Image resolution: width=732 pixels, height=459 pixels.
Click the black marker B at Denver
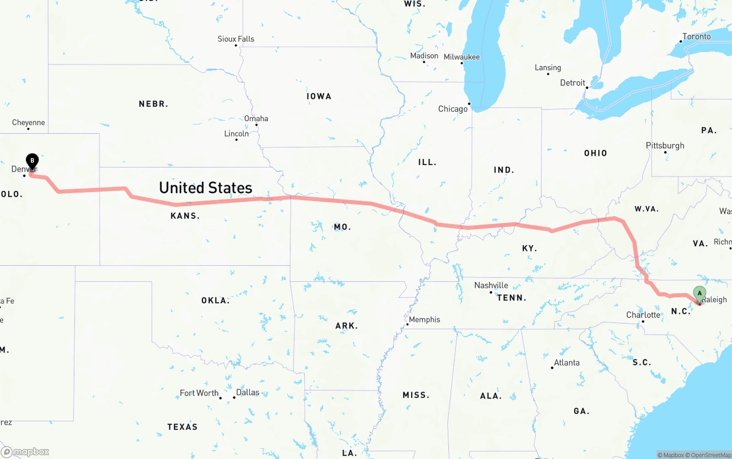pos(33,161)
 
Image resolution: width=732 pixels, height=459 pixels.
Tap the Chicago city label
pos(453,109)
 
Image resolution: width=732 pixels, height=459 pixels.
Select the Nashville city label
pos(491,285)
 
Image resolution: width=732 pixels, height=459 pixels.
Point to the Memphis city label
pos(424,320)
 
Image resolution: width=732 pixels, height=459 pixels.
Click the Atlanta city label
pos(567,362)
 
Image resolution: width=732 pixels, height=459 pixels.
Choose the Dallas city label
pos(248,393)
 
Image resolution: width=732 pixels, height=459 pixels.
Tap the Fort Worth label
pos(199,393)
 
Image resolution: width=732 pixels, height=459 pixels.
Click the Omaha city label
pos(256,118)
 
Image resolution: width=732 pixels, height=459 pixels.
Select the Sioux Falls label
pos(236,39)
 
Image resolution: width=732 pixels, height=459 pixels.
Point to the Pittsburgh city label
pos(665,145)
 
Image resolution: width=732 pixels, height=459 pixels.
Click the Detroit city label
pos(572,82)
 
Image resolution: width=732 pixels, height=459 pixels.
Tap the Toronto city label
pos(697,36)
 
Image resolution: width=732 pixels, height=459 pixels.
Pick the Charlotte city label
pos(643,315)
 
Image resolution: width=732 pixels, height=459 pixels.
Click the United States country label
pos(205,187)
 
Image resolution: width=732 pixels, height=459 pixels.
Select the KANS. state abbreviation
pos(185,215)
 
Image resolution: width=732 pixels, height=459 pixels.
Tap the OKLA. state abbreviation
pos(215,300)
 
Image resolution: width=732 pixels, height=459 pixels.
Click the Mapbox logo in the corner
pos(25,452)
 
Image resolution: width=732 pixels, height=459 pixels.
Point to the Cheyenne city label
pos(28,122)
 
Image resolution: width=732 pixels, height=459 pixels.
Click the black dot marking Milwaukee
pos(462,63)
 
